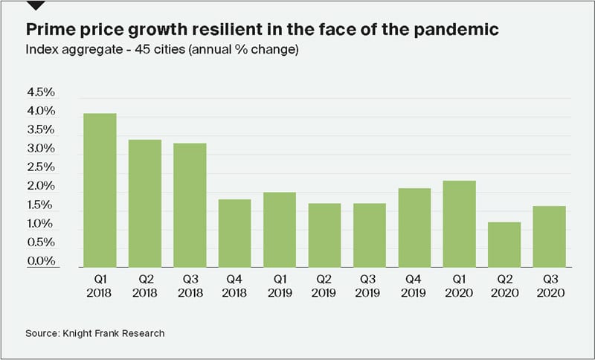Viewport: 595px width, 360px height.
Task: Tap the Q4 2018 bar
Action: click(x=235, y=233)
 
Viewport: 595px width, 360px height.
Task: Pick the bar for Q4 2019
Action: click(x=415, y=228)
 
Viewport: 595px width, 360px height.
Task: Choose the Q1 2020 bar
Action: click(x=460, y=224)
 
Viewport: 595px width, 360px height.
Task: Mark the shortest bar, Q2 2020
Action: click(x=504, y=244)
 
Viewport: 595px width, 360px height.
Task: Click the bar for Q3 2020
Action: click(x=550, y=237)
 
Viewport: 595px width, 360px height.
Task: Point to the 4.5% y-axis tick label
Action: click(x=41, y=93)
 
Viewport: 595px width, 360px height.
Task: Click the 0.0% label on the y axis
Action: click(x=41, y=261)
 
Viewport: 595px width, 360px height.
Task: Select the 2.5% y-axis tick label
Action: click(x=41, y=168)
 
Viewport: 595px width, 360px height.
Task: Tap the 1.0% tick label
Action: click(x=41, y=224)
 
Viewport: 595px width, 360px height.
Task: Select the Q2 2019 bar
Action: click(x=325, y=235)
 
